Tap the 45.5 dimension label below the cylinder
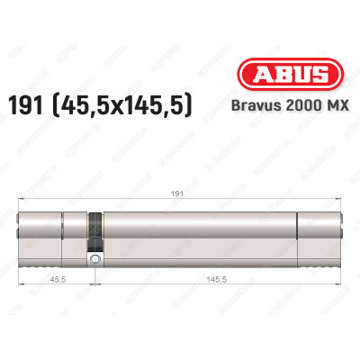pyautogui.click(x=56, y=279)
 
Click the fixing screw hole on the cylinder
pyautogui.click(x=94, y=259)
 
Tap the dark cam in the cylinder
pyautogui.click(x=93, y=229)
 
